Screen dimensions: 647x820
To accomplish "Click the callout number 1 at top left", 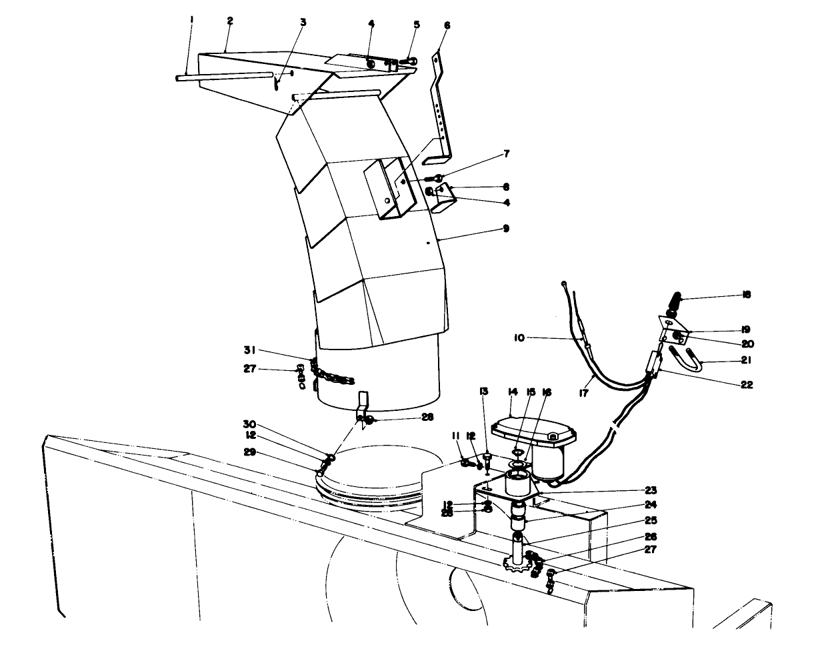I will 191,20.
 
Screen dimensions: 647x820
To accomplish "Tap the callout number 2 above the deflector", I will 229,21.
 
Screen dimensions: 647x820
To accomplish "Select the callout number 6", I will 447,25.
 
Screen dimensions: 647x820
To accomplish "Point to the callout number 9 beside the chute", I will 506,228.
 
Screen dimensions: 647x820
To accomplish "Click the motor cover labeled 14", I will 530,430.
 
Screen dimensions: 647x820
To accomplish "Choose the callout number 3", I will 303,22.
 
